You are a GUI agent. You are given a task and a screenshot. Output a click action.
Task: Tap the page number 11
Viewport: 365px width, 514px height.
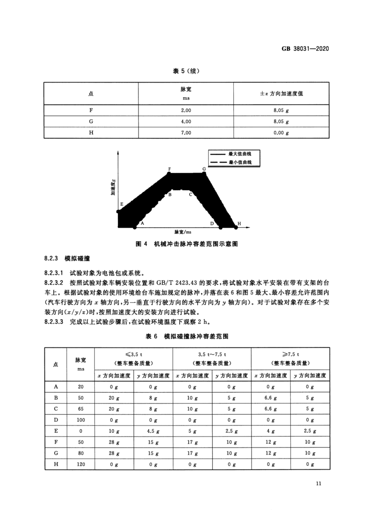coord(319,483)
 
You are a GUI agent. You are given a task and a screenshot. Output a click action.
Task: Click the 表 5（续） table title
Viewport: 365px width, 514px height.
coord(186,71)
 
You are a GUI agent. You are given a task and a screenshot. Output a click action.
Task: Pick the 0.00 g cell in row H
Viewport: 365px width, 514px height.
coord(281,132)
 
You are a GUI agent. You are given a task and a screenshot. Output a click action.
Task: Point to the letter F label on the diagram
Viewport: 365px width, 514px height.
coord(170,169)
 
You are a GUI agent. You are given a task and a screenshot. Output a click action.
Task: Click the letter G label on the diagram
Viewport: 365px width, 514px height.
coord(204,169)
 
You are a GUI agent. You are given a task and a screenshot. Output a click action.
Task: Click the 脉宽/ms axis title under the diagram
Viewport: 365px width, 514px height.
coord(182,231)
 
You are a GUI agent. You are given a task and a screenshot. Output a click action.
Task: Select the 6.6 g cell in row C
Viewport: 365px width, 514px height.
coord(270,409)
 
